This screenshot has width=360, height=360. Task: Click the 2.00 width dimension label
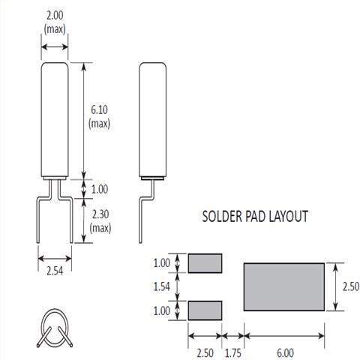click(x=55, y=16)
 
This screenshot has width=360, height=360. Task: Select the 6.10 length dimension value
click(x=99, y=110)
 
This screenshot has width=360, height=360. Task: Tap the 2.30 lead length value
click(x=100, y=214)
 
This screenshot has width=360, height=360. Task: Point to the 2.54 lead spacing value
click(x=55, y=271)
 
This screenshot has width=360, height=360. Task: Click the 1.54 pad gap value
click(x=161, y=286)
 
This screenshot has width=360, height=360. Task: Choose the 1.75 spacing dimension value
click(x=233, y=353)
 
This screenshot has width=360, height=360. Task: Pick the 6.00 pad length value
click(x=285, y=353)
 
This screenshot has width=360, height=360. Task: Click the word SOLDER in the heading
click(x=222, y=217)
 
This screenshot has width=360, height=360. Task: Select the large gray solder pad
click(x=284, y=286)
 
